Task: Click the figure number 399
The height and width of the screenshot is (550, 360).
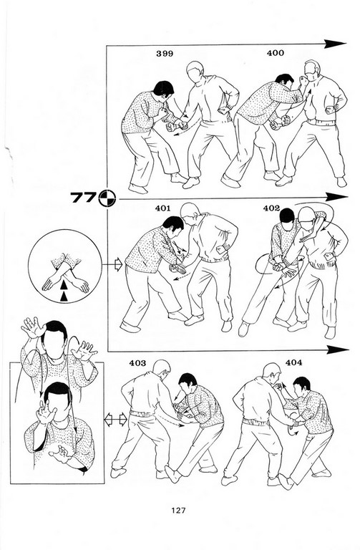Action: coord(165,54)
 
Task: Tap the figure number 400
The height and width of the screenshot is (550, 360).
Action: coord(275,53)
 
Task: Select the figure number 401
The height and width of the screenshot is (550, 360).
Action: coord(162,208)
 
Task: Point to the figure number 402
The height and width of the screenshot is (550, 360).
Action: coord(271,208)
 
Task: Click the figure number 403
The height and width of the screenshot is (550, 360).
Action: coord(137,363)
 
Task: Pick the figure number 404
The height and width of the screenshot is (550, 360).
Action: coord(293,362)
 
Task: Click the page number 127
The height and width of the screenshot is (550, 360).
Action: coord(178,511)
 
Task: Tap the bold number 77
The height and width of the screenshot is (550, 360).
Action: coord(83,198)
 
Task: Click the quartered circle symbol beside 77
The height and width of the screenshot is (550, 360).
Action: coord(107,198)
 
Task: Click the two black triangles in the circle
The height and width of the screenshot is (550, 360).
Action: coord(64,291)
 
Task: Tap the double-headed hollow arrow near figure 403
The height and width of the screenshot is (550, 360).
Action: coord(116,420)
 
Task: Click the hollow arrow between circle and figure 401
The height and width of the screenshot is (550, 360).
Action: coord(118,264)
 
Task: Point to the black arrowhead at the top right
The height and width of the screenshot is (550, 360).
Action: coord(335,44)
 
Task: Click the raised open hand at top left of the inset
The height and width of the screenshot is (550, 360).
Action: coord(33,327)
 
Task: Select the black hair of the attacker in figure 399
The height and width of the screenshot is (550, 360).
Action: coord(163,87)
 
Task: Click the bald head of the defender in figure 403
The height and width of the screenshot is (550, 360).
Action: coord(162,368)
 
